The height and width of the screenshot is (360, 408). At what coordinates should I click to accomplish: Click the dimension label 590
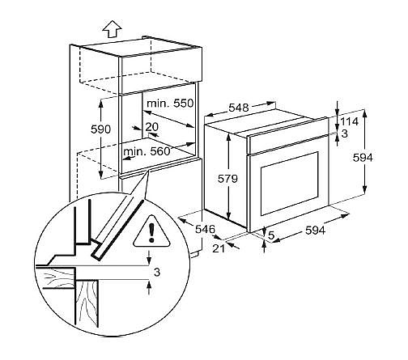(x=100, y=129)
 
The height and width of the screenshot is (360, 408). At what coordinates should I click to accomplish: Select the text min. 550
(x=170, y=104)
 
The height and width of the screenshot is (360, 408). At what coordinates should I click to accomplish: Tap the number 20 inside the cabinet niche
(x=152, y=126)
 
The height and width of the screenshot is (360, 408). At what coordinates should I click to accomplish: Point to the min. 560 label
(x=147, y=151)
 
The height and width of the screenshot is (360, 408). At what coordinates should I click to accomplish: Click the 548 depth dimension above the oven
(x=239, y=108)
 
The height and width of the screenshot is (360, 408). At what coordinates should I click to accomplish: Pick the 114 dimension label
(x=349, y=121)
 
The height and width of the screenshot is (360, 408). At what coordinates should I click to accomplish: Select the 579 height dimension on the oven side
(x=227, y=179)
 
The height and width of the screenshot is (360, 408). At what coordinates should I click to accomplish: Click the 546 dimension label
(x=205, y=229)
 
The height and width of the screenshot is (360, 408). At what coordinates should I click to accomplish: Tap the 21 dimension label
(x=219, y=248)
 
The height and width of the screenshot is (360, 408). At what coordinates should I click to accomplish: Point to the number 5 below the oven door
(x=271, y=235)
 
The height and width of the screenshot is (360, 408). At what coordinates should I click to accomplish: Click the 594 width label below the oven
(x=316, y=231)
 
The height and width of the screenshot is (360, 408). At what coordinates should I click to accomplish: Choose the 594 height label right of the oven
(x=363, y=158)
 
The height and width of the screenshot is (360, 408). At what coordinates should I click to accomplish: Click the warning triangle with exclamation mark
(x=151, y=232)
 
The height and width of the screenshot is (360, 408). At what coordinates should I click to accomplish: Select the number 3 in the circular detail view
(x=157, y=273)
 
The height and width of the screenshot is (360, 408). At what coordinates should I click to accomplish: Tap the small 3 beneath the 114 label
(x=345, y=133)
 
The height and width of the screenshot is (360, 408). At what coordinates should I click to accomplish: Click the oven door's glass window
(x=290, y=184)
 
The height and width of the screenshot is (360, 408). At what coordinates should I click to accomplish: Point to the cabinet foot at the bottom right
(x=195, y=255)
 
